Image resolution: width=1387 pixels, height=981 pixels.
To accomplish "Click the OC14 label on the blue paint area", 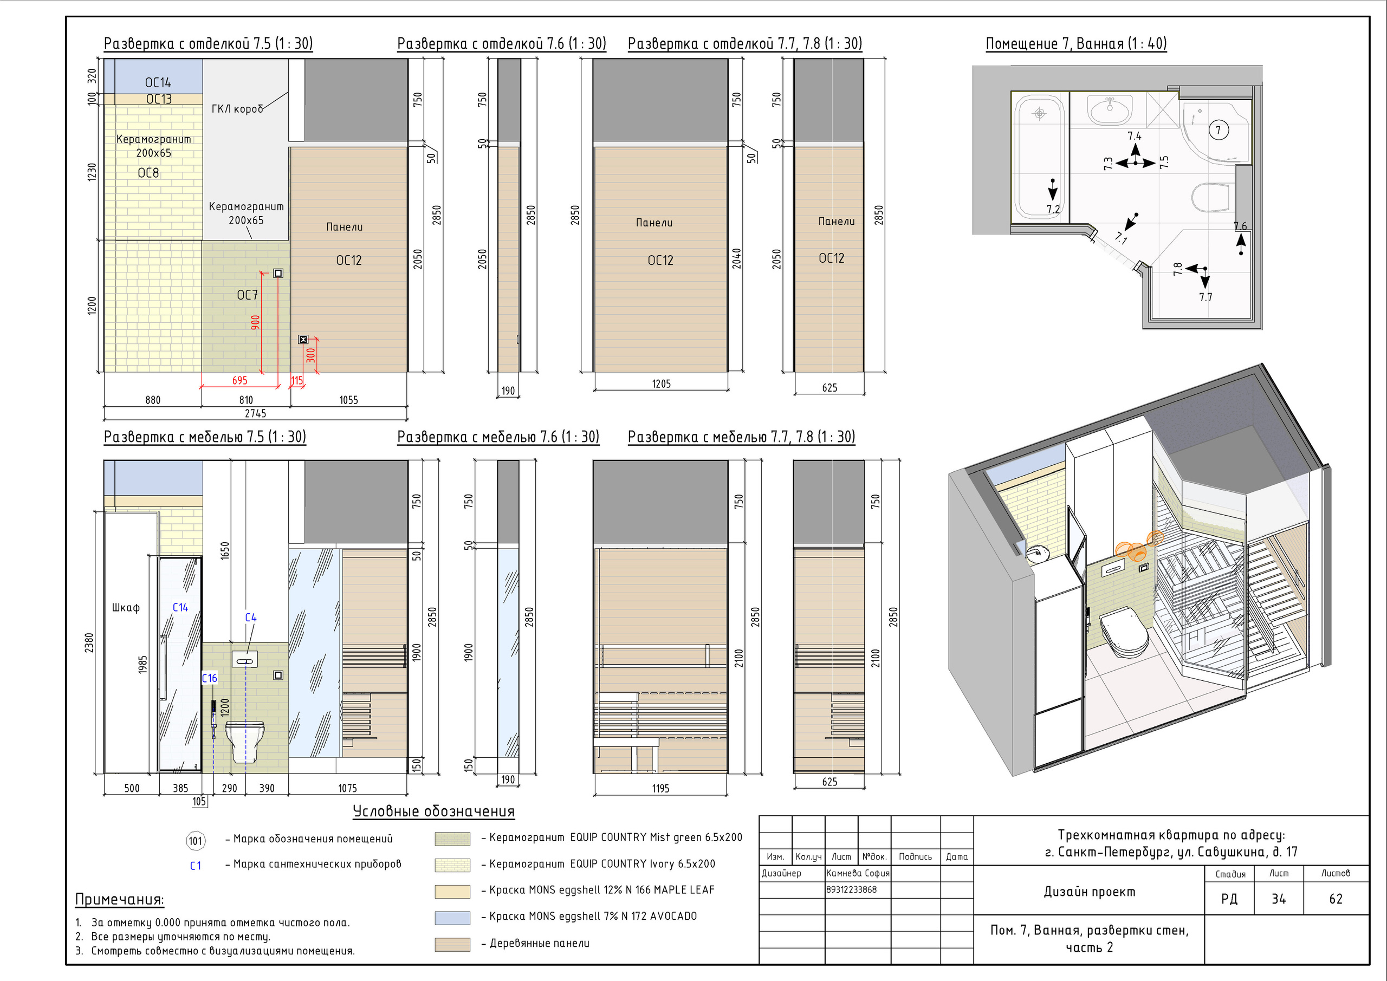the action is click(158, 83).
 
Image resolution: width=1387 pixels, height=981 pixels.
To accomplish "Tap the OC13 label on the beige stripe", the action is click(159, 99).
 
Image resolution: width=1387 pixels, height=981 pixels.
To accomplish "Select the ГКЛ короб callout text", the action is click(237, 109).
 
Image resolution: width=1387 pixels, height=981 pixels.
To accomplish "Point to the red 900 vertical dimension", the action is click(256, 322).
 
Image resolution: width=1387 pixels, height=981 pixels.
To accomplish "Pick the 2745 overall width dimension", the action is click(256, 413).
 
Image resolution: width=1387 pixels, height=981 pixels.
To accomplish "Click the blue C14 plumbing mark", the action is click(180, 608).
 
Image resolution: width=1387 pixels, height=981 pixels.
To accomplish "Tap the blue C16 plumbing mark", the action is click(210, 678).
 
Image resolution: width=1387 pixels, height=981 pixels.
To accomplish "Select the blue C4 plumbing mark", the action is click(251, 618).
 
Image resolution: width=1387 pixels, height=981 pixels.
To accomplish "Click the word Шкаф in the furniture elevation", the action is click(126, 608).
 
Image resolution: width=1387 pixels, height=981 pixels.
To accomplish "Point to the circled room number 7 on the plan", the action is click(1219, 130).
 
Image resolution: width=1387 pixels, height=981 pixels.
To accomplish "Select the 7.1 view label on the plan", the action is click(1121, 238).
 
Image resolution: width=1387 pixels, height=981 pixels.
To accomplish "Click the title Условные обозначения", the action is click(434, 811).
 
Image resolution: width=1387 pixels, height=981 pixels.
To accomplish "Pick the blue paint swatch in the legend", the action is click(452, 918).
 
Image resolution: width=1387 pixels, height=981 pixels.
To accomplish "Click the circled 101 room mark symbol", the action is click(196, 841).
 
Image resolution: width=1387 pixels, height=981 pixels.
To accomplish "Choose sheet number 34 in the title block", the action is click(1278, 899).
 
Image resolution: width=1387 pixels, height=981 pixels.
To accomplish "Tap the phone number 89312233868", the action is click(851, 889).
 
